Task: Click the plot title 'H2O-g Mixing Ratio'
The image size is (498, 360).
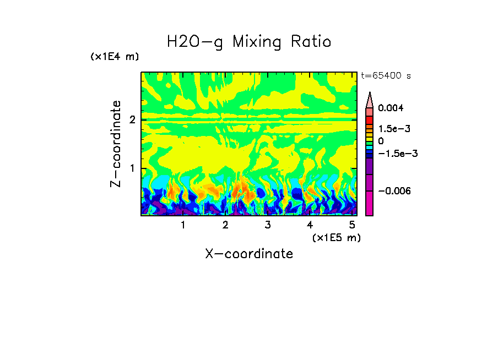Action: pos(249,42)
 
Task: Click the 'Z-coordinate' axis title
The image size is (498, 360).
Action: pos(116,144)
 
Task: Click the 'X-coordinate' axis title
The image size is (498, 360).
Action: pos(249,254)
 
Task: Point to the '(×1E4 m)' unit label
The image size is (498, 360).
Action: pos(115,57)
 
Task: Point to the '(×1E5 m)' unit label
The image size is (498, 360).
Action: pos(336,237)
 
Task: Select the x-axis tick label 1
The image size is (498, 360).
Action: pos(183,225)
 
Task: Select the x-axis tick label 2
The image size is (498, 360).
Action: pos(225,225)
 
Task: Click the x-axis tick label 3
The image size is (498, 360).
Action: pos(267,225)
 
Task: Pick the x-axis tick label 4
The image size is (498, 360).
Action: pos(310,225)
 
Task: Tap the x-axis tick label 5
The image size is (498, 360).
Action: pos(351,225)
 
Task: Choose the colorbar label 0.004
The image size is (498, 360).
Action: pos(391,108)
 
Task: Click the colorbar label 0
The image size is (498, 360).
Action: pos(381,141)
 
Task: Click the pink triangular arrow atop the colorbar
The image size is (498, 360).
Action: pos(370,100)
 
